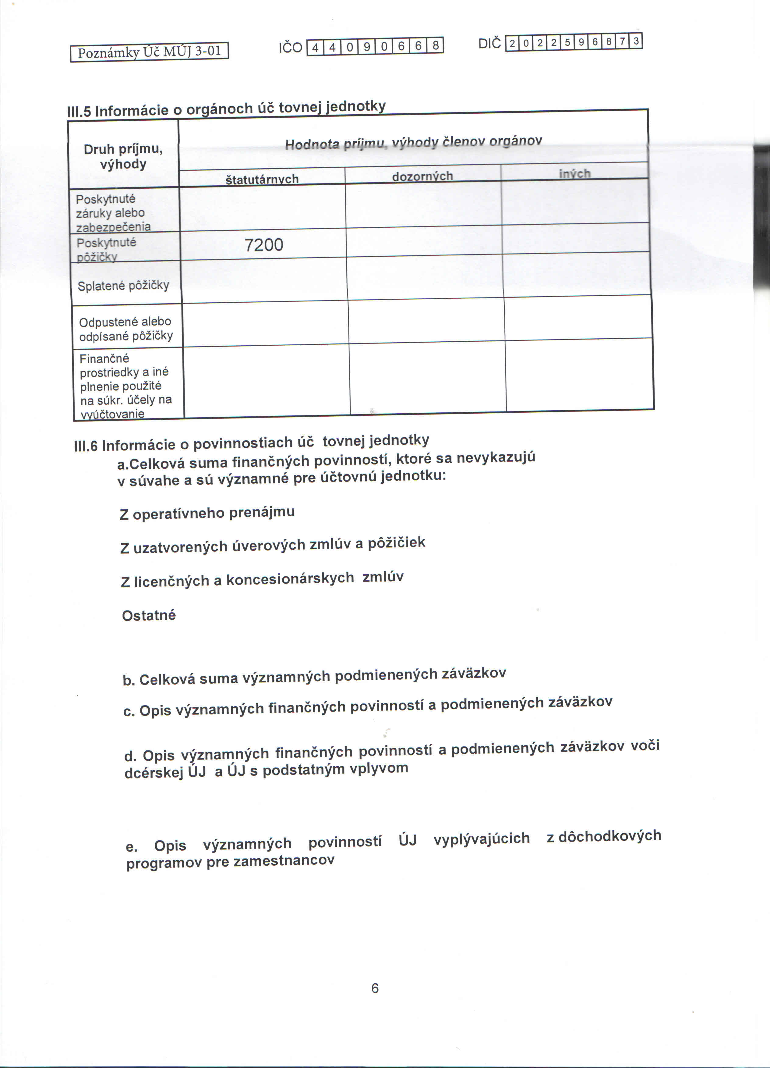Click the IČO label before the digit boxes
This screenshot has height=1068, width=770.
tap(290, 48)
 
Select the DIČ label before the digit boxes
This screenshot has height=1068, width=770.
tap(489, 44)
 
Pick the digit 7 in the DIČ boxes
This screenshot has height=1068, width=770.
tap(622, 42)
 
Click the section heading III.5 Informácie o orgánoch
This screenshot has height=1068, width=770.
tap(226, 108)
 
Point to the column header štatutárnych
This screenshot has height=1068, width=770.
tap(262, 179)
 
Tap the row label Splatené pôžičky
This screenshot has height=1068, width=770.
tap(123, 285)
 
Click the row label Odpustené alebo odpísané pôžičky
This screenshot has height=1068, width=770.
tap(126, 329)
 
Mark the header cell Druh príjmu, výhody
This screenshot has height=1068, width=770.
tap(123, 156)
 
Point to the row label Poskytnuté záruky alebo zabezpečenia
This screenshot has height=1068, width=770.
tap(113, 213)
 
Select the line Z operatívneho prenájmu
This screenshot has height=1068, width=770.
tap(207, 512)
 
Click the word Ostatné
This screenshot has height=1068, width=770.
tap(149, 615)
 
